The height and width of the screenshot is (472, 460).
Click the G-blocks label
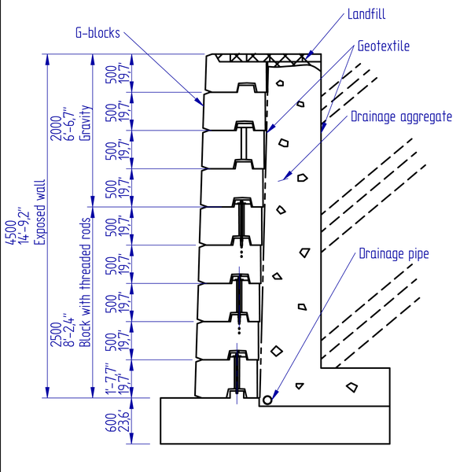[x=98, y=33]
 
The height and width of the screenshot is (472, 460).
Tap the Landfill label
[x=366, y=14]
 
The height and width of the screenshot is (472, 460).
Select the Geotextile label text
[x=384, y=46]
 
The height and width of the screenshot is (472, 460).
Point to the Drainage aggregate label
[x=401, y=116]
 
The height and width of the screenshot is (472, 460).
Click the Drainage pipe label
[x=394, y=254]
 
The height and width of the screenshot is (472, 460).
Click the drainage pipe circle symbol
[x=267, y=400]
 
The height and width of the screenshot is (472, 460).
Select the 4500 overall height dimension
[x=11, y=232]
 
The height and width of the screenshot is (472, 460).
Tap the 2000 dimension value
[x=56, y=128]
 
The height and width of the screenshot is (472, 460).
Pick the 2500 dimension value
[x=56, y=334]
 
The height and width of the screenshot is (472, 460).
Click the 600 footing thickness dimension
[x=112, y=422]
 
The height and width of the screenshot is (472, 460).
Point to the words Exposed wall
[x=39, y=212]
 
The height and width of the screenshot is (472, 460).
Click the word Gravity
[x=85, y=123]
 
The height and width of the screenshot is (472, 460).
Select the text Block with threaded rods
[x=85, y=282]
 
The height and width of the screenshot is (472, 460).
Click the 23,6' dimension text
[x=124, y=421]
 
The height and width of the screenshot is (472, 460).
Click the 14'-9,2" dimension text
[x=24, y=226]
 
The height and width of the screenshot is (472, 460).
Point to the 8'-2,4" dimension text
[x=69, y=330]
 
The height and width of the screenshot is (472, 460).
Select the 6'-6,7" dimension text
[x=69, y=124]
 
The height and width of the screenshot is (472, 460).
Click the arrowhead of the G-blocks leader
[x=200, y=102]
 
